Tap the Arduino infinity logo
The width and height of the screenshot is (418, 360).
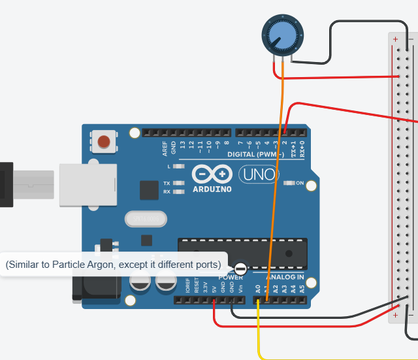click(212, 175)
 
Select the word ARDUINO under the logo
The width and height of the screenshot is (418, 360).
click(212, 189)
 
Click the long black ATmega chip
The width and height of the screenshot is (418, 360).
click(242, 252)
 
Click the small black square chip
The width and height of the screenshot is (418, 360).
click(150, 190)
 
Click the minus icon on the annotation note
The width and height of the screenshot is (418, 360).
click(240, 268)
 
